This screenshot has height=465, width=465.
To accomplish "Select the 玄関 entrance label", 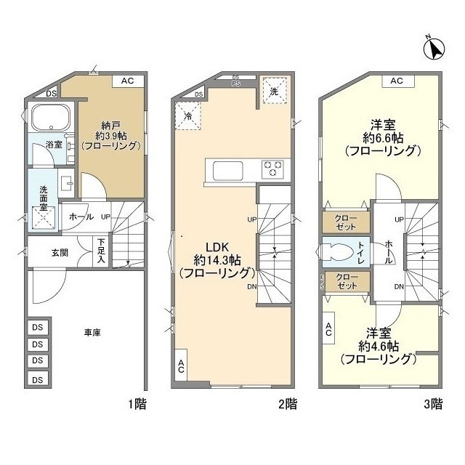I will [60, 253].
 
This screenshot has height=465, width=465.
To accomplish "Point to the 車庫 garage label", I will [92, 333].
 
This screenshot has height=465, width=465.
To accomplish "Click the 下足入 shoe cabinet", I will [101, 250].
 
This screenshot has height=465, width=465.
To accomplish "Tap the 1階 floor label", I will [137, 404].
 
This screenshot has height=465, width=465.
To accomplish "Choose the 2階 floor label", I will [287, 404].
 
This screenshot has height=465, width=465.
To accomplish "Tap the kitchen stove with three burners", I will [272, 169].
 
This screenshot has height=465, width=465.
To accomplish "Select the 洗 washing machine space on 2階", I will [274, 92].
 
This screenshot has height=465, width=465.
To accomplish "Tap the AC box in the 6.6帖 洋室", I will [397, 81].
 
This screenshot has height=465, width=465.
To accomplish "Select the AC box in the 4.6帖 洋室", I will [328, 330].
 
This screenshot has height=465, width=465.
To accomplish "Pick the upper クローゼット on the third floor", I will [346, 222].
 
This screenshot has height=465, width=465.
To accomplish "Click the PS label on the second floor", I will [236, 84].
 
